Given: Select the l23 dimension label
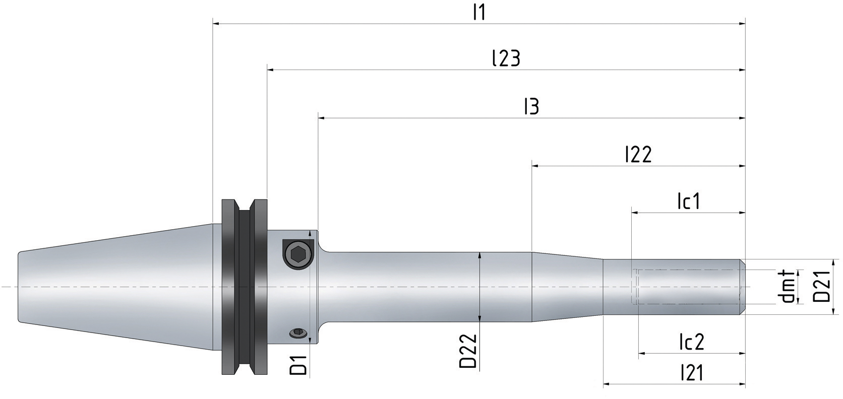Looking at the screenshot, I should point(506,58).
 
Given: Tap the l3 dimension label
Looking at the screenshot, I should point(531,107).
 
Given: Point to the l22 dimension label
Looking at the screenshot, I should point(638,154).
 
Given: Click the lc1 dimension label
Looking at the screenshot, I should point(688,202).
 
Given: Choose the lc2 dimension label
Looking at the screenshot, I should point(691,342).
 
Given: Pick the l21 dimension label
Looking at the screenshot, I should point(691,373).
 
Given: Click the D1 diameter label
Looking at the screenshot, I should point(298,365).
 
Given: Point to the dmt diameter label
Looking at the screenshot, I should point(787,287).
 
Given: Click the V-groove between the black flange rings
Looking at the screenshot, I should point(245,287).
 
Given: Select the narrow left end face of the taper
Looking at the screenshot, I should point(19,286).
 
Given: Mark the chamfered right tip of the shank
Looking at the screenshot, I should point(742,287).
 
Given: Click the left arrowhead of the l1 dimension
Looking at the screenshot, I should point(216,23).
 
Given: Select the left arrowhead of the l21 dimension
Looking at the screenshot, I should point(607,384).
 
